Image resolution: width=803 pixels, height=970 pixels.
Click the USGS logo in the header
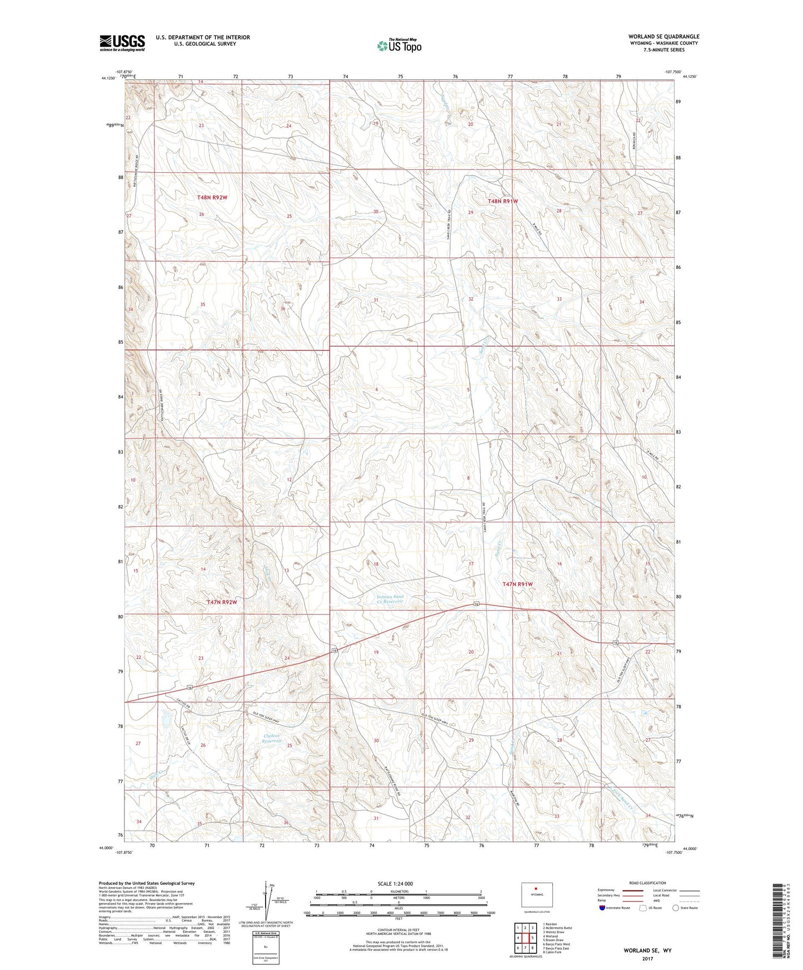click(x=122, y=43)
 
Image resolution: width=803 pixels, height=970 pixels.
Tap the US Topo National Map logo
click(x=399, y=46)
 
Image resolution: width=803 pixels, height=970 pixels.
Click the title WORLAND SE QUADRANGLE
click(x=664, y=37)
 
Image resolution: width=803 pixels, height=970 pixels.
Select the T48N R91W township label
click(x=502, y=201)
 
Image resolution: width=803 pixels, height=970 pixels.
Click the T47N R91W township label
click(x=517, y=584)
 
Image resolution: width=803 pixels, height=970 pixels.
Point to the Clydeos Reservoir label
click(x=272, y=739)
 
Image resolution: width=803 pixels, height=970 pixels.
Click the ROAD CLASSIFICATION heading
click(x=647, y=883)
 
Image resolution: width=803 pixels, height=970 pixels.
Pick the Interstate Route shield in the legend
click(x=603, y=908)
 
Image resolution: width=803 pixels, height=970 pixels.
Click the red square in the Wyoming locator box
click(x=536, y=888)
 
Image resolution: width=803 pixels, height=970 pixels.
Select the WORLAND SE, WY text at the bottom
click(x=647, y=951)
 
